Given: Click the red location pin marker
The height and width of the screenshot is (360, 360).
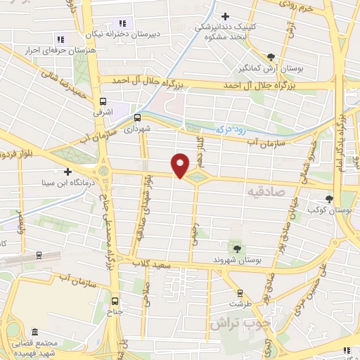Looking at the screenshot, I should tap(181, 165).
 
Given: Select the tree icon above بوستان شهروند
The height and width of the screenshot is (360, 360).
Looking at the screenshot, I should tap(236, 247).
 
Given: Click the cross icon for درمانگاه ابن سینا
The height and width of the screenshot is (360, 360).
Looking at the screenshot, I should tap(67, 172).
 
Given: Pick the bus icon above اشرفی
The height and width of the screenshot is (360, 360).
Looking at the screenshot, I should tap(103, 101).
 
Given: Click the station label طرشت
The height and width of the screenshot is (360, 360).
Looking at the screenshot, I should tap(239, 304).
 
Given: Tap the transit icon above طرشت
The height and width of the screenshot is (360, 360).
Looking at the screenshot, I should tap(239, 292).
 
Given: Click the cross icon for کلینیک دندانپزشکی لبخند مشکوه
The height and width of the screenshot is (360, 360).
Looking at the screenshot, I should tap(225, 17).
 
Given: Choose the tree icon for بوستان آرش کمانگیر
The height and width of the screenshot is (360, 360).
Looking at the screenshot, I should tap(271, 57).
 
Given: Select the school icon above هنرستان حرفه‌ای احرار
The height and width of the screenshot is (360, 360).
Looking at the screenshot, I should tap(60, 39).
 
